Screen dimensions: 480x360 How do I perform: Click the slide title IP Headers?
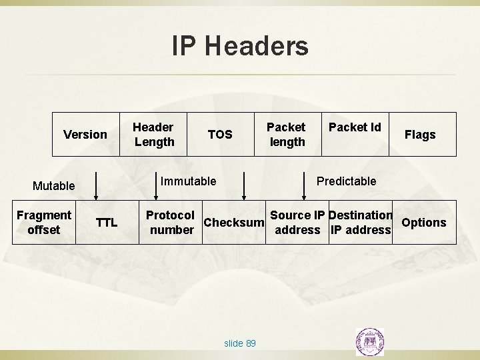coord(240,46)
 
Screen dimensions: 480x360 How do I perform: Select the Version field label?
coord(85,135)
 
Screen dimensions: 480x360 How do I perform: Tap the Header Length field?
coord(154,134)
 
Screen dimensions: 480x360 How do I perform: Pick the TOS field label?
coord(220,135)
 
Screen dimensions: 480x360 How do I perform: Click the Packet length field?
coord(286,134)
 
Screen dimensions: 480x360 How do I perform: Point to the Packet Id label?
coord(355,127)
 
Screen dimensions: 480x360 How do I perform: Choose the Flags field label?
coord(420,135)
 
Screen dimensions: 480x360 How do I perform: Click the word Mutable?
coord(53,186)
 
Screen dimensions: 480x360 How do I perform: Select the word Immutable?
coord(189,181)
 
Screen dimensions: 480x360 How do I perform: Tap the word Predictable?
coord(346,181)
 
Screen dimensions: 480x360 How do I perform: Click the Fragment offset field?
coord(44,222)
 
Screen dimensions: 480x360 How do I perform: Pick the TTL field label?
coord(106,223)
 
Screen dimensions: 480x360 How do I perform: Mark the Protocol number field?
coord(171,223)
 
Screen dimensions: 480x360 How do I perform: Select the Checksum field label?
coord(234,222)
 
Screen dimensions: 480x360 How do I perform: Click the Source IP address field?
coord(297,223)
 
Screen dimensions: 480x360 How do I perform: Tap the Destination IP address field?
coord(360,223)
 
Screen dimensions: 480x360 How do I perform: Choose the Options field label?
coord(424,222)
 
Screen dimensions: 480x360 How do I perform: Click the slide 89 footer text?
coord(240,343)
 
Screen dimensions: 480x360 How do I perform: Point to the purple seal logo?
coord(371,341)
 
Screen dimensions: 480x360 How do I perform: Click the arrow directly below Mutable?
coord(97,186)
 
